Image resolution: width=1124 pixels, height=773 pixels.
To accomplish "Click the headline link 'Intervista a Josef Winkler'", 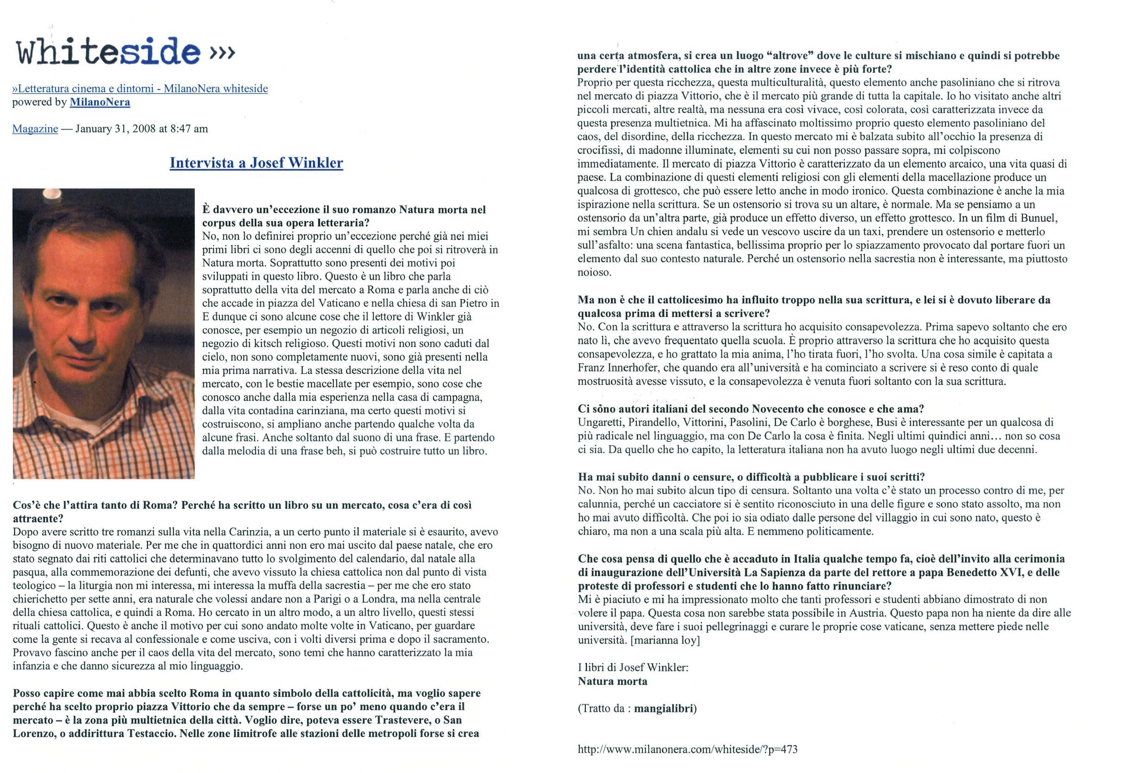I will (256, 163).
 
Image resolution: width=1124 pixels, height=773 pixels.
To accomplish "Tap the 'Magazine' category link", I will (35, 129).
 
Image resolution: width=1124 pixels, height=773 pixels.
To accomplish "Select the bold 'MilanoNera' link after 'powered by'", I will (100, 102).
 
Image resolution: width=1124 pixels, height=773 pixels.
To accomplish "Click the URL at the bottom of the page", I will (687, 749).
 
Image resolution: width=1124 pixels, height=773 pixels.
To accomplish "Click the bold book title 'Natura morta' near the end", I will (612, 681).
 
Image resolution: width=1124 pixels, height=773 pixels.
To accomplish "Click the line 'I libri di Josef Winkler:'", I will (633, 667).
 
